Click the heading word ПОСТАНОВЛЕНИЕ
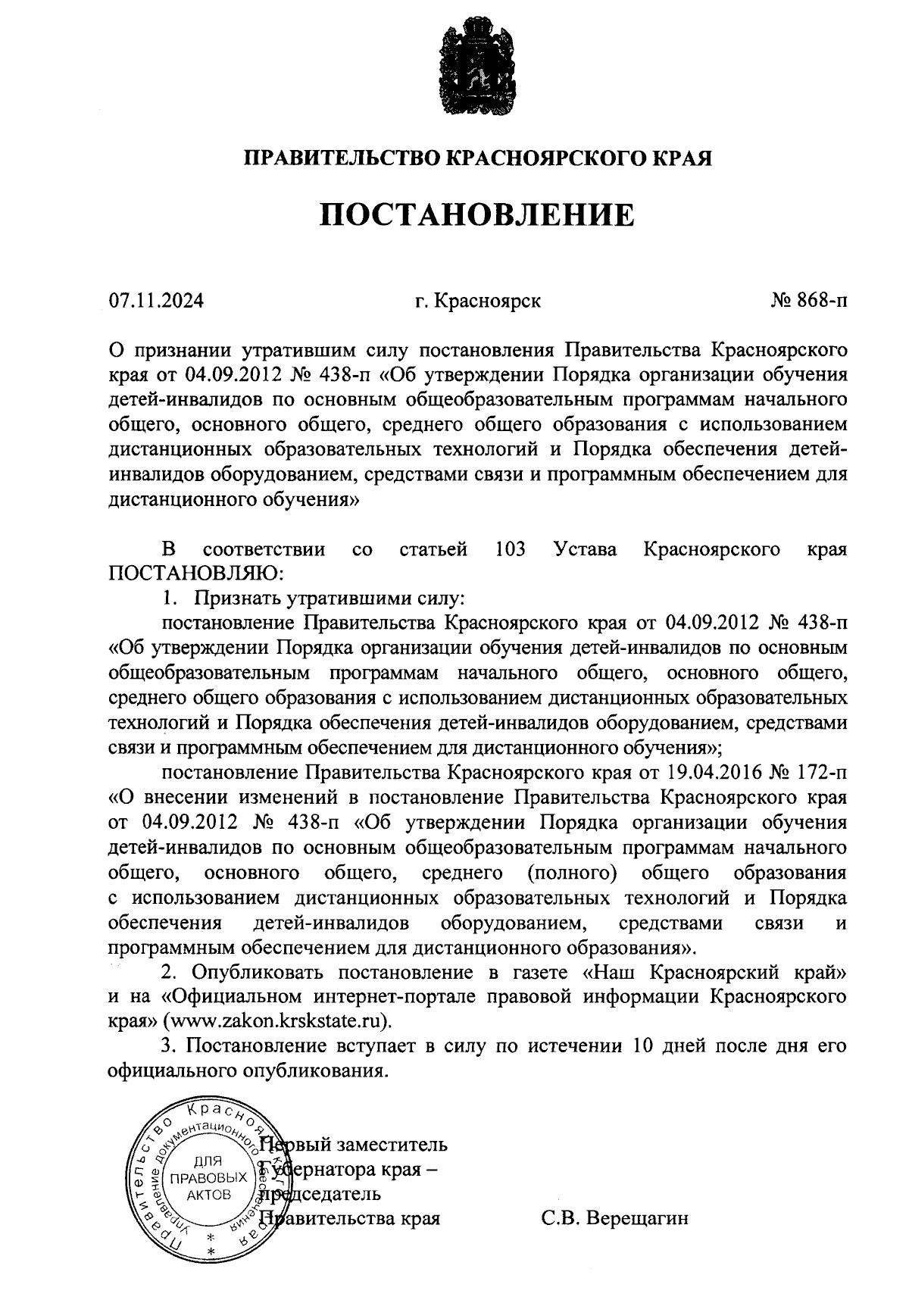(x=476, y=216)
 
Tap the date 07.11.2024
(x=156, y=302)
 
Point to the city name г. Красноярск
(x=477, y=302)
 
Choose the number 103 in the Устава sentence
(x=510, y=549)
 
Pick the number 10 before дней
(x=635, y=1046)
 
